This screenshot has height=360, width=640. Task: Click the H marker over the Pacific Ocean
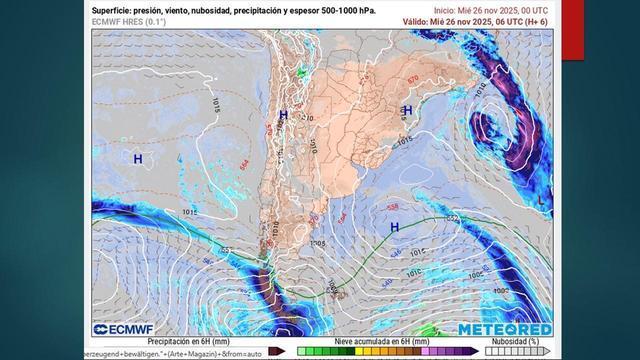coord(138,158)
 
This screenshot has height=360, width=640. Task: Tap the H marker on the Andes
coord(283,116)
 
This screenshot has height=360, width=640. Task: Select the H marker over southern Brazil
coord(407,110)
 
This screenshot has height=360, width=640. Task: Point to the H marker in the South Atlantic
coord(395,227)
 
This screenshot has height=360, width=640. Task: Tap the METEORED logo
coord(505,329)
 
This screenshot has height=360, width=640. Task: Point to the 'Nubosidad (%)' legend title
coord(510,341)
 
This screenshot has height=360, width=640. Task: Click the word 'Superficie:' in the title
coord(114,8)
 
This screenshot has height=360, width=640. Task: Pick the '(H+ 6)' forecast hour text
coord(532,20)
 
